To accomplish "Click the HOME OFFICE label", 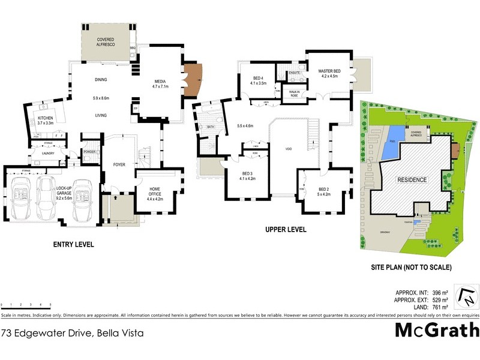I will [154, 191].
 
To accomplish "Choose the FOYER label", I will [119, 164].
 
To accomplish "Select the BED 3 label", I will [247, 175].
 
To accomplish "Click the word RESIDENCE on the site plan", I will [412, 180].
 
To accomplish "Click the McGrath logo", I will [437, 329].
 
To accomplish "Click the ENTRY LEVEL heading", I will [74, 245].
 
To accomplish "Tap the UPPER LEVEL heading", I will [286, 229].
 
